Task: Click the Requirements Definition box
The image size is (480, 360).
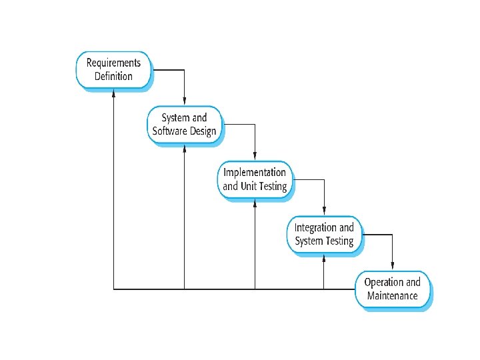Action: pyautogui.click(x=114, y=70)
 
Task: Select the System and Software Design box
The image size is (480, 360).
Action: pyautogui.click(x=185, y=125)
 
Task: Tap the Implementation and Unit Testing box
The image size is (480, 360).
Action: pyautogui.click(x=255, y=179)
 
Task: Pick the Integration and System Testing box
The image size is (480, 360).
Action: pyautogui.click(x=325, y=234)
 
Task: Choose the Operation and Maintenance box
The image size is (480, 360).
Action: pyautogui.click(x=392, y=289)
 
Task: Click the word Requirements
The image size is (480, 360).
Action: pyautogui.click(x=114, y=63)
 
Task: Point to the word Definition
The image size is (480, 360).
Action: pyautogui.click(x=114, y=77)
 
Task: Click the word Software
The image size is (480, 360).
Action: pyautogui.click(x=171, y=131)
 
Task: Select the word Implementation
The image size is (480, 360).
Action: pyautogui.click(x=255, y=173)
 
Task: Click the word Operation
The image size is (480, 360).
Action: pyautogui.click(x=384, y=282)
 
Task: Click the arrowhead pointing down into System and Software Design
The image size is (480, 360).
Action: pyautogui.click(x=185, y=101)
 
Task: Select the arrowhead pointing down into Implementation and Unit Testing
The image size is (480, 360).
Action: pyautogui.click(x=255, y=156)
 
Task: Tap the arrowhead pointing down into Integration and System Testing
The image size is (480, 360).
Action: pyautogui.click(x=324, y=211)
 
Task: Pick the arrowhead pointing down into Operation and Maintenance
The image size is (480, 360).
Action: pyautogui.click(x=393, y=265)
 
